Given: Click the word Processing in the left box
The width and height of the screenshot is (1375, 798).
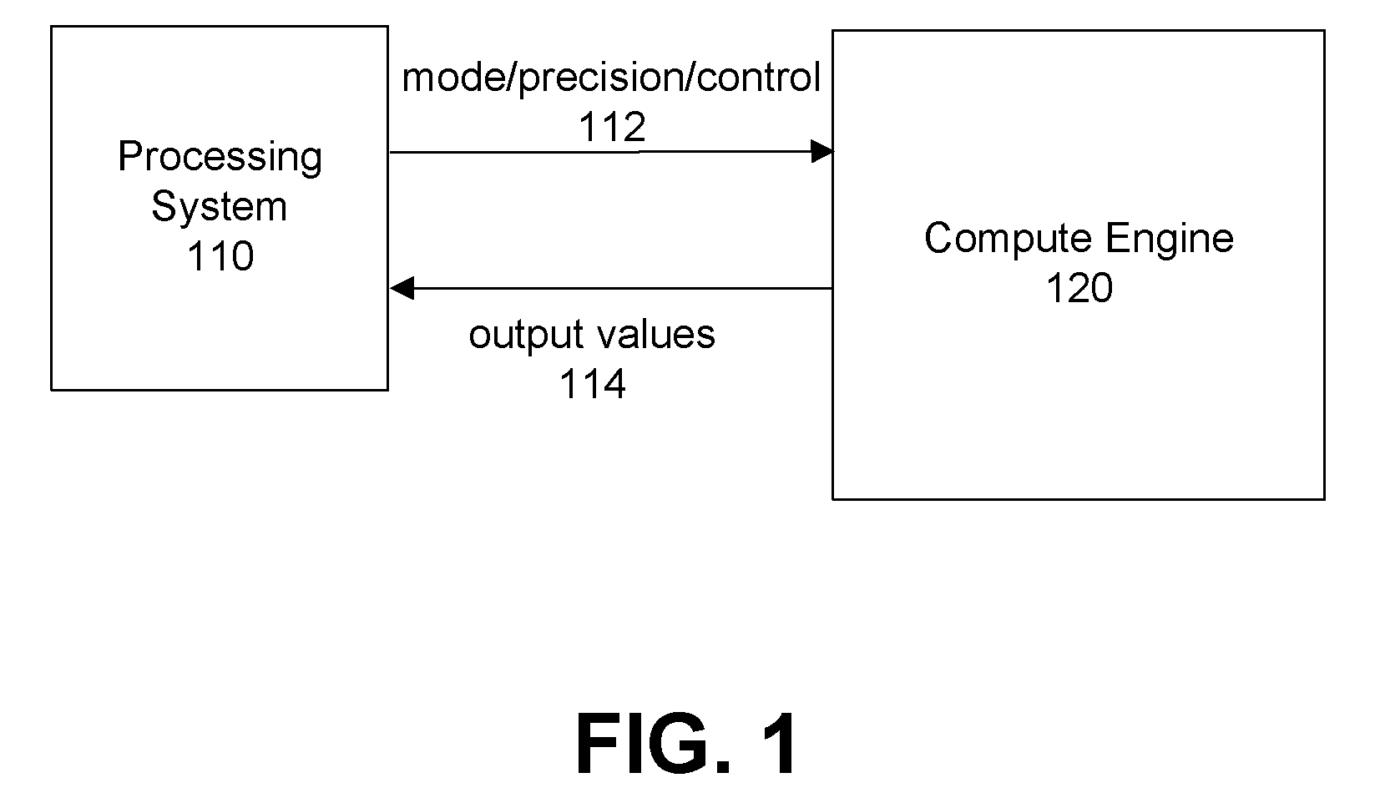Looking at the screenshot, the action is click(220, 159).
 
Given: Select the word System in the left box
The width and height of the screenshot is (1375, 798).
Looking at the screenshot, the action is click(219, 208).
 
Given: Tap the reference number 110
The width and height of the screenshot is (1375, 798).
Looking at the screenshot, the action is click(220, 256).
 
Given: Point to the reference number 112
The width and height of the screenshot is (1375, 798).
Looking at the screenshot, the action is click(612, 127).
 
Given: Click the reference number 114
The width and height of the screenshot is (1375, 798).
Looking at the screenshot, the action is click(593, 384).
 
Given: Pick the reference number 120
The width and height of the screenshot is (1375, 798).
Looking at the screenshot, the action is click(1079, 288).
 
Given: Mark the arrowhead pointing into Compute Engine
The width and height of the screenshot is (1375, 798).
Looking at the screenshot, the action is click(822, 151).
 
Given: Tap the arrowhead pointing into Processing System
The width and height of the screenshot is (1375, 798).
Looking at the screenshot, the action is click(402, 288).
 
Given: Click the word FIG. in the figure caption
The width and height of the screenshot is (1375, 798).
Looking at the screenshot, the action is click(653, 744).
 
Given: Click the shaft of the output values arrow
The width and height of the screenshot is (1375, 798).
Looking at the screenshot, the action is click(623, 288).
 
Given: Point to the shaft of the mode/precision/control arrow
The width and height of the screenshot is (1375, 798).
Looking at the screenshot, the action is click(600, 152).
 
